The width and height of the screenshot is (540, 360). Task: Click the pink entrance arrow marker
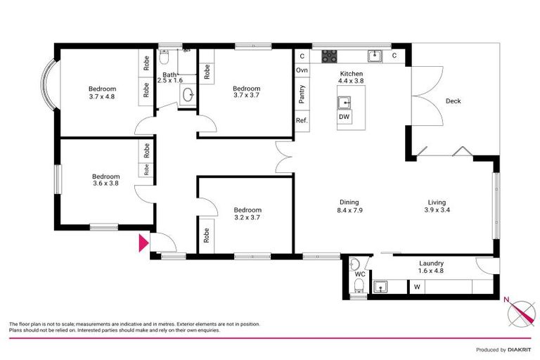[143, 243]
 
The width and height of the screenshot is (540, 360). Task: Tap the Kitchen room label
[351, 73]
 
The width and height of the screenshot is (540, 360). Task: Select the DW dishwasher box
[345, 117]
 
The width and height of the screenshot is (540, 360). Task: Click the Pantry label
[302, 94]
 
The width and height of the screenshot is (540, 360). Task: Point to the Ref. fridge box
[302, 120]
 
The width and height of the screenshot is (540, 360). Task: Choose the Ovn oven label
[302, 70]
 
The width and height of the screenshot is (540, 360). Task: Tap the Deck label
[454, 101]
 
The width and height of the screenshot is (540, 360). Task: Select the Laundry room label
[430, 264]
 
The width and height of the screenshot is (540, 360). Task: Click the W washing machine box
[417, 286]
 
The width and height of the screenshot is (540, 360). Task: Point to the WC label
[359, 273]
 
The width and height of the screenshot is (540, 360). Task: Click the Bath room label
[169, 75]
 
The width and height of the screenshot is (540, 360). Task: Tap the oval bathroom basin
[188, 94]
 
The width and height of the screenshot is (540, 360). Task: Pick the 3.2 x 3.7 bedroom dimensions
[247, 218]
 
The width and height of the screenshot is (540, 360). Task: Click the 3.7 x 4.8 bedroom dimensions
[102, 96]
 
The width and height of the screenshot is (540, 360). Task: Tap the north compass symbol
[520, 312]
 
